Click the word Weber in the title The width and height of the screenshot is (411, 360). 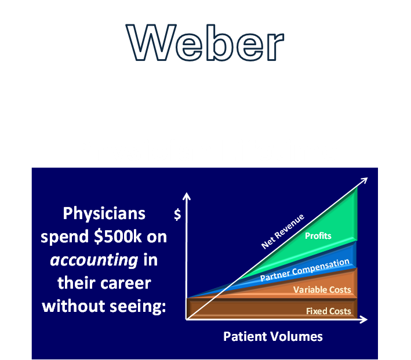click(205, 44)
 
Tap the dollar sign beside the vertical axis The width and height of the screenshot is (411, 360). click(177, 214)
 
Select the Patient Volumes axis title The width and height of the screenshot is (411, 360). click(272, 336)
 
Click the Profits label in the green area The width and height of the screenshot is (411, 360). click(318, 235)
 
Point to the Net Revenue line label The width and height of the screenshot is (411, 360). click(283, 231)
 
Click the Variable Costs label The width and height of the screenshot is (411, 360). click(322, 289)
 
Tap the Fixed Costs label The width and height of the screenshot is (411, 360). click(328, 311)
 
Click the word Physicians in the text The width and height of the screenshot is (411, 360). click(104, 213)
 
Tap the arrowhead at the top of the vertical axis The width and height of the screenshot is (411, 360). click(186, 195)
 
